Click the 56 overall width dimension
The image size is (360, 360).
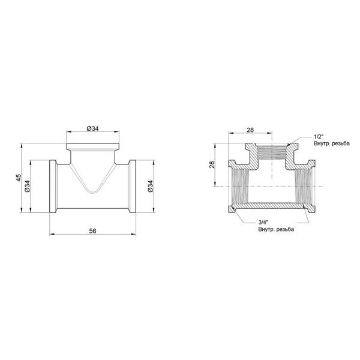point(92,231)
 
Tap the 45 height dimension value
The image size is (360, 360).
point(19,178)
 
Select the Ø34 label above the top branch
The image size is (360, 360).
point(93,128)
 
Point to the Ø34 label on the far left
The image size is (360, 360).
point(27,186)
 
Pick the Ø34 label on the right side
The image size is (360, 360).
point(150,186)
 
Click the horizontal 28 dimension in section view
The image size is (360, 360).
point(250,130)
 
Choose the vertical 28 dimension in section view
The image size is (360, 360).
point(212,164)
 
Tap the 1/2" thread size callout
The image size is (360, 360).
point(319,137)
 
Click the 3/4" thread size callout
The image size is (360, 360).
point(263,222)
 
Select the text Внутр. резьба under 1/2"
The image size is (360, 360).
point(332,143)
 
